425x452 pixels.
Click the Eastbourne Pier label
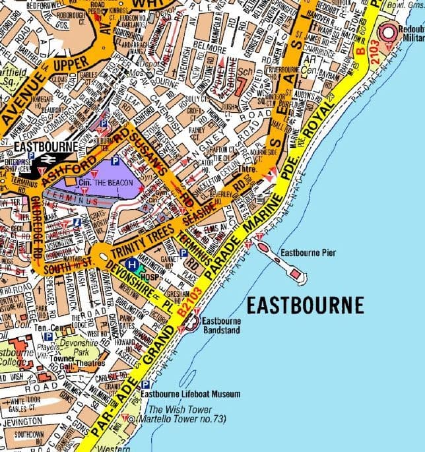tap(310, 252)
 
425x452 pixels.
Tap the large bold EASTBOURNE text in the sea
tap(305, 305)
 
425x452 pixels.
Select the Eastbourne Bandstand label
tap(222, 325)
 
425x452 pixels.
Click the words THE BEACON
tap(114, 182)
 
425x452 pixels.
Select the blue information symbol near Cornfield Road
tap(78, 222)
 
